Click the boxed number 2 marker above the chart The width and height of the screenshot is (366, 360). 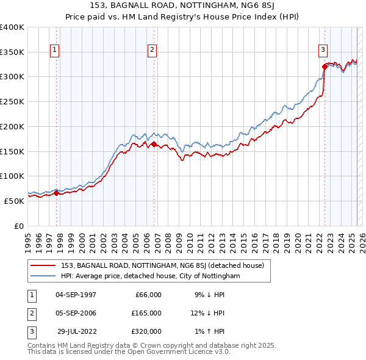point(152,50)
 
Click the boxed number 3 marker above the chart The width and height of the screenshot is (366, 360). point(323,50)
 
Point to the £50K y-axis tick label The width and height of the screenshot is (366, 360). point(15,200)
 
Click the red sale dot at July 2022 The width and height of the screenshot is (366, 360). point(325,67)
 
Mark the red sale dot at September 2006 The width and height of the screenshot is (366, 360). point(154,144)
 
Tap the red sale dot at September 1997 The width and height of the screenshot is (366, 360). point(57,193)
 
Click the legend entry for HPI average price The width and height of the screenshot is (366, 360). point(150,276)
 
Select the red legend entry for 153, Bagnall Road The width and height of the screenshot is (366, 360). point(162,265)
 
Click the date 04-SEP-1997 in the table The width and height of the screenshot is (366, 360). point(75,295)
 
